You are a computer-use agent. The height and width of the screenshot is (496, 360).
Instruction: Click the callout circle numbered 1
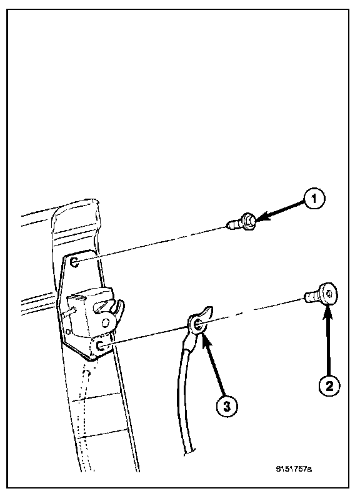pyautogui.click(x=314, y=199)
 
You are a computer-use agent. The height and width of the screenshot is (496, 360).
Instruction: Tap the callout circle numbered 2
pyautogui.click(x=329, y=385)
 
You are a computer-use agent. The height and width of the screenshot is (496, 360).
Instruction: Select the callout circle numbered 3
pyautogui.click(x=227, y=406)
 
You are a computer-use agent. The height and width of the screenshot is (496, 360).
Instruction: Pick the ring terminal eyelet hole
pyautogui.click(x=197, y=324)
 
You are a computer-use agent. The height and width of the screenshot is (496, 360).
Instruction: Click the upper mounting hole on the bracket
pyautogui.click(x=75, y=262)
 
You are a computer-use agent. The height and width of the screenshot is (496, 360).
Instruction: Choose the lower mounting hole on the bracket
pyautogui.click(x=100, y=345)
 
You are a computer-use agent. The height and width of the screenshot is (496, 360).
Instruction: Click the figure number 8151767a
pyautogui.click(x=294, y=468)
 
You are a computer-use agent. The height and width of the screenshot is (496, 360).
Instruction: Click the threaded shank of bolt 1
pyautogui.click(x=234, y=225)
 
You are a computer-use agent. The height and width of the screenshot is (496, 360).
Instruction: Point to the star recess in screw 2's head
pyautogui.click(x=330, y=294)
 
